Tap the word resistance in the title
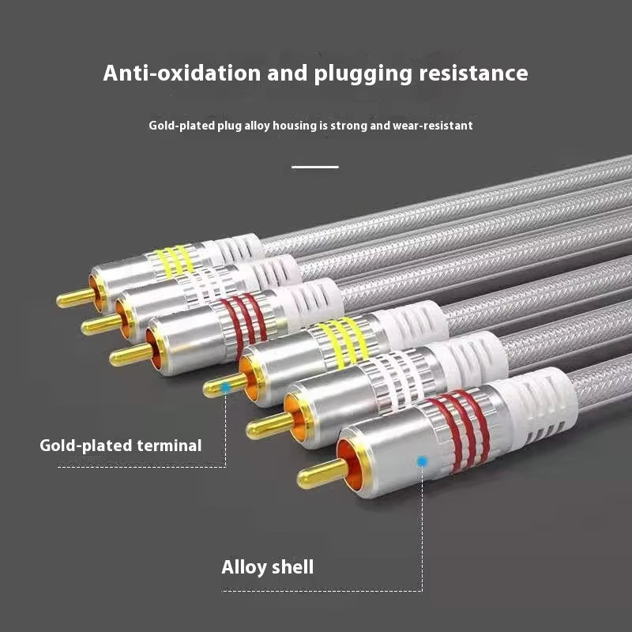click(473, 73)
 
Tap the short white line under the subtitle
click(315, 167)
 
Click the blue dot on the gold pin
click(226, 387)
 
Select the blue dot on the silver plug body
click(422, 461)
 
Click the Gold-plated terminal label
click(121, 446)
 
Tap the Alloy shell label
click(267, 567)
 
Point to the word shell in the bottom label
click(292, 567)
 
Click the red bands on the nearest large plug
click(460, 427)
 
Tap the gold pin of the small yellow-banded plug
click(74, 298)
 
